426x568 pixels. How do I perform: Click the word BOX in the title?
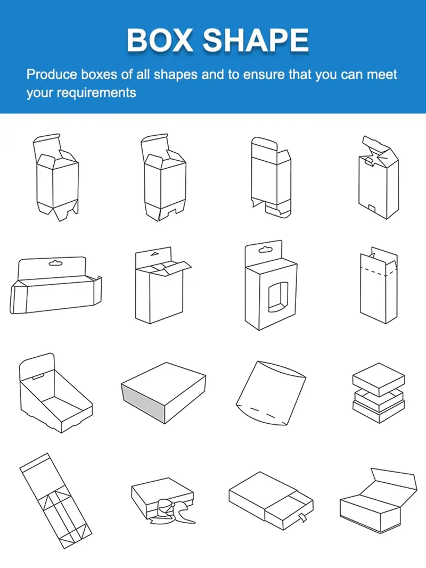pyautogui.click(x=159, y=40)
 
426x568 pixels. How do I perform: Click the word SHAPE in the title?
pyautogui.click(x=256, y=40)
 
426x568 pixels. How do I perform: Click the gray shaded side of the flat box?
pyautogui.click(x=143, y=402)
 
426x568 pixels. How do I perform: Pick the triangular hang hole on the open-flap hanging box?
pyautogui.click(x=154, y=254)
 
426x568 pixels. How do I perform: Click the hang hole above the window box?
pyautogui.click(x=265, y=250)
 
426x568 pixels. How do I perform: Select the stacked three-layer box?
pyautogui.click(x=379, y=393)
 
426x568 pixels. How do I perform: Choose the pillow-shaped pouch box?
pyautogui.click(x=271, y=393)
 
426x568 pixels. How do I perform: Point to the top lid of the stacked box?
pyautogui.click(x=379, y=379)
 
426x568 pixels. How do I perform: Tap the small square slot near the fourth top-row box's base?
pyautogui.click(x=372, y=209)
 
